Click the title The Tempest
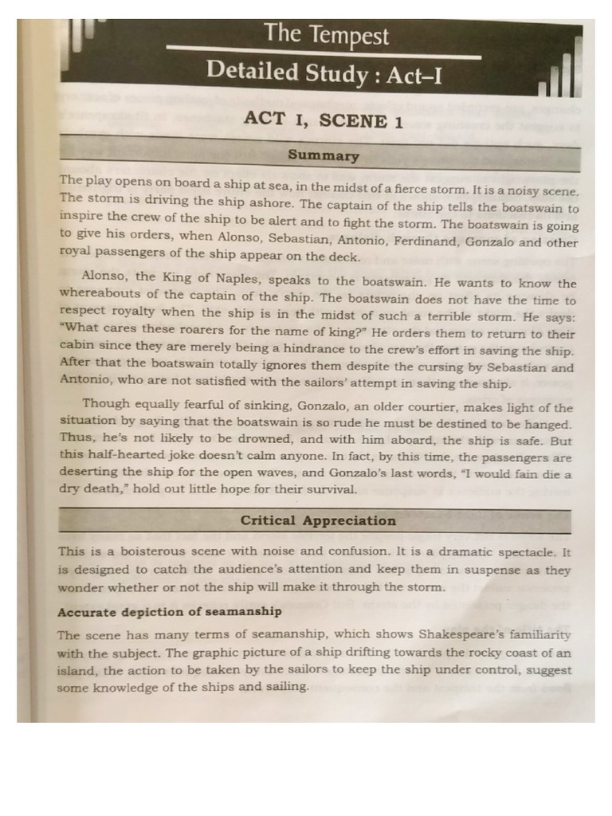[x=327, y=35]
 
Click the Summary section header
[x=323, y=156]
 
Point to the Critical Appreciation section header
[x=318, y=520]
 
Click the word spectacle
[x=527, y=551]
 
